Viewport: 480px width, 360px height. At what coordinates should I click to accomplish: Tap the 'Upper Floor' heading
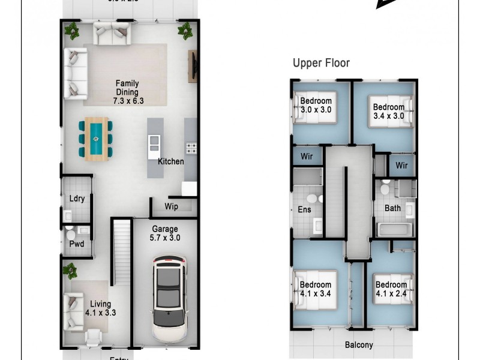tap(321, 63)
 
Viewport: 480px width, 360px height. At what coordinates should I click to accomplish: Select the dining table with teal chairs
tap(96, 139)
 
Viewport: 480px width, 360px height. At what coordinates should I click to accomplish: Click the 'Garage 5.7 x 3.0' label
tap(165, 233)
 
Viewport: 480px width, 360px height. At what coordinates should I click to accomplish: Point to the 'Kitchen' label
tap(171, 161)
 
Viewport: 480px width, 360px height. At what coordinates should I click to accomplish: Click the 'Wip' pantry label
tap(171, 206)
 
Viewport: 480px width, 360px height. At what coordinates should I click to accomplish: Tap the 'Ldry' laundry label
tap(76, 199)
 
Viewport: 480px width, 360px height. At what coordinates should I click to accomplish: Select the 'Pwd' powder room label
tap(77, 244)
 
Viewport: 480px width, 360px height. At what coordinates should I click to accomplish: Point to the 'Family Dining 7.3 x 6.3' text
tap(127, 92)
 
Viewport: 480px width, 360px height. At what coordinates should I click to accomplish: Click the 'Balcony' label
tap(359, 345)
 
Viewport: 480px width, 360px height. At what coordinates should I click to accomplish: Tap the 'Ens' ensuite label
tap(304, 210)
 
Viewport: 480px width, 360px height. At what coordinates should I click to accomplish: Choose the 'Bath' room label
tap(392, 209)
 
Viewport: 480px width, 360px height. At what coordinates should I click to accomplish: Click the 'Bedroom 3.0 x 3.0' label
tap(316, 105)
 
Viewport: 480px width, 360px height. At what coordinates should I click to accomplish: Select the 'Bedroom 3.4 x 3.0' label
tap(388, 112)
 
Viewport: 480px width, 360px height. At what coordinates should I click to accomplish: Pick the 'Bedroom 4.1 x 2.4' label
tap(391, 289)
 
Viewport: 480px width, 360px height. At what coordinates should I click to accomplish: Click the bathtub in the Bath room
tap(395, 229)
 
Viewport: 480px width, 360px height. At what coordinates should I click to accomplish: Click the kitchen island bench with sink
tap(155, 147)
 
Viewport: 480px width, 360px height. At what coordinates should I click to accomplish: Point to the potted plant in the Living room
tap(70, 270)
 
